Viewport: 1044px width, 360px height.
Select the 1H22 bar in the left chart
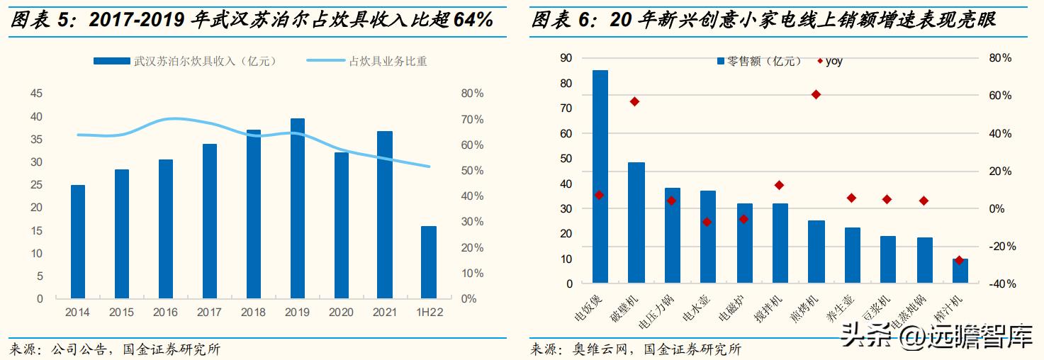(429, 262)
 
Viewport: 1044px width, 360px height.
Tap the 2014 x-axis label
(78, 313)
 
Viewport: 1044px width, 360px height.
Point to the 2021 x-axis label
(385, 313)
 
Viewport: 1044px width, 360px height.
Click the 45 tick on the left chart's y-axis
(35, 94)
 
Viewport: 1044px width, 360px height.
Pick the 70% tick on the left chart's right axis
(472, 119)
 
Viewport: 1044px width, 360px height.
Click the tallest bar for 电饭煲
(600, 176)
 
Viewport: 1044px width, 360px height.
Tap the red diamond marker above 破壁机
(635, 102)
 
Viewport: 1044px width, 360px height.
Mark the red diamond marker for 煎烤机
(816, 94)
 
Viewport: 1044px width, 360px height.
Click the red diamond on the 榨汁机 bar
(960, 260)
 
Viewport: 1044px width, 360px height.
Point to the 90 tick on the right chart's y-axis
(566, 58)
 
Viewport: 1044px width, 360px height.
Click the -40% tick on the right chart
(1003, 284)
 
